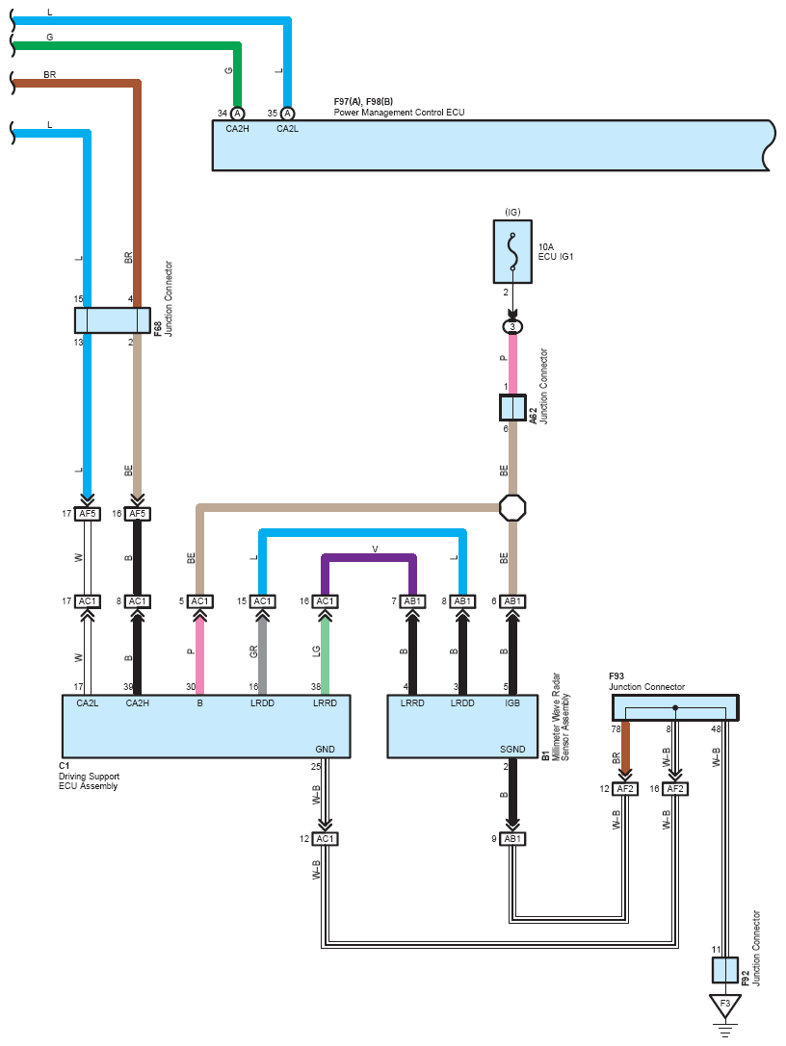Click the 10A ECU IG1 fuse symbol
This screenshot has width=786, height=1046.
tap(512, 251)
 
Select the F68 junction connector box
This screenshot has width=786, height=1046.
tap(112, 320)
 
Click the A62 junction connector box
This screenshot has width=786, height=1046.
tap(512, 408)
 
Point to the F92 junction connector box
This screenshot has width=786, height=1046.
tap(724, 970)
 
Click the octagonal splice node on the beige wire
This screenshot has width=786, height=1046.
tap(512, 508)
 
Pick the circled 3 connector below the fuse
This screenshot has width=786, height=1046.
tap(512, 327)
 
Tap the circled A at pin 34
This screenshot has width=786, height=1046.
tap(237, 114)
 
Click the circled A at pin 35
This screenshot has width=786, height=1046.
tap(287, 114)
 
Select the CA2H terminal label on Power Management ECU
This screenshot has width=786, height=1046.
tap(237, 129)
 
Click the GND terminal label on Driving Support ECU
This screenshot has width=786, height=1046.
tap(326, 750)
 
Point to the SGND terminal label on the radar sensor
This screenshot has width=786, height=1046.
tap(512, 750)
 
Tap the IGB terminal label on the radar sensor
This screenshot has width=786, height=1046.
tap(512, 703)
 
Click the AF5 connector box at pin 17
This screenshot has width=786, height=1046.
tap(88, 514)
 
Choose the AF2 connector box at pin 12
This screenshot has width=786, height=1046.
tap(625, 788)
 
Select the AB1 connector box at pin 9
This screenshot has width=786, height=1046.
tap(512, 838)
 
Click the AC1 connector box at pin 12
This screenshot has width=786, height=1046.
tap(326, 838)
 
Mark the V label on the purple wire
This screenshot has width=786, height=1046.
tap(375, 549)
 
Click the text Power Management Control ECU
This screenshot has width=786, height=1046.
tap(400, 112)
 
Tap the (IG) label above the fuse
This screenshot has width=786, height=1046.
tap(512, 212)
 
